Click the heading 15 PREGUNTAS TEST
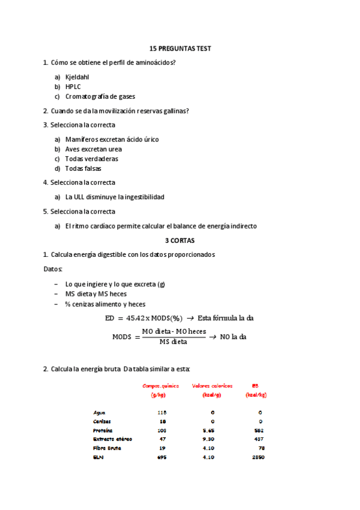180,48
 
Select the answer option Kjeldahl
78,77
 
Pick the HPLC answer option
73,87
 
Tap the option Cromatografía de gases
100,96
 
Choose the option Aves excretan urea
93,149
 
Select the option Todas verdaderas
91,159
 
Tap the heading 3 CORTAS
180,240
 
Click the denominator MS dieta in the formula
173,342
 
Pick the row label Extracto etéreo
113,439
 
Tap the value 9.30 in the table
213,439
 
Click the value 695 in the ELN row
161,457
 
